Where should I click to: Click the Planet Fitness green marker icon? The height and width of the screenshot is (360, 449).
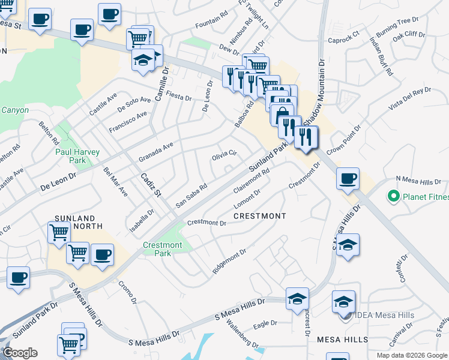pos(394,196)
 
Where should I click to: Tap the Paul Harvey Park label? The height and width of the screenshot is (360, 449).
pos(78,156)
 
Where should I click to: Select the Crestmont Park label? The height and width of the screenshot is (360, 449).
pos(162,249)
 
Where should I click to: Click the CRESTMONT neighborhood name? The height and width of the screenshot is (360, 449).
pos(259,215)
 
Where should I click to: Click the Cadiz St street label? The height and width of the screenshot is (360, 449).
pos(151,185)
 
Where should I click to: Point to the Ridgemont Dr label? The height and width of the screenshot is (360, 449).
pos(229,262)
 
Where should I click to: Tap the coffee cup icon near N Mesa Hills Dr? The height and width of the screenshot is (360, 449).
pos(348,178)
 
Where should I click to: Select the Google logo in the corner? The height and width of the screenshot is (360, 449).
pos(20,353)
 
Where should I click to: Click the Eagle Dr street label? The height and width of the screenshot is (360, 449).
pos(265,323)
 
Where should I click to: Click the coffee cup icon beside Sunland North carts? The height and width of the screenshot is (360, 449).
pos(102,254)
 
